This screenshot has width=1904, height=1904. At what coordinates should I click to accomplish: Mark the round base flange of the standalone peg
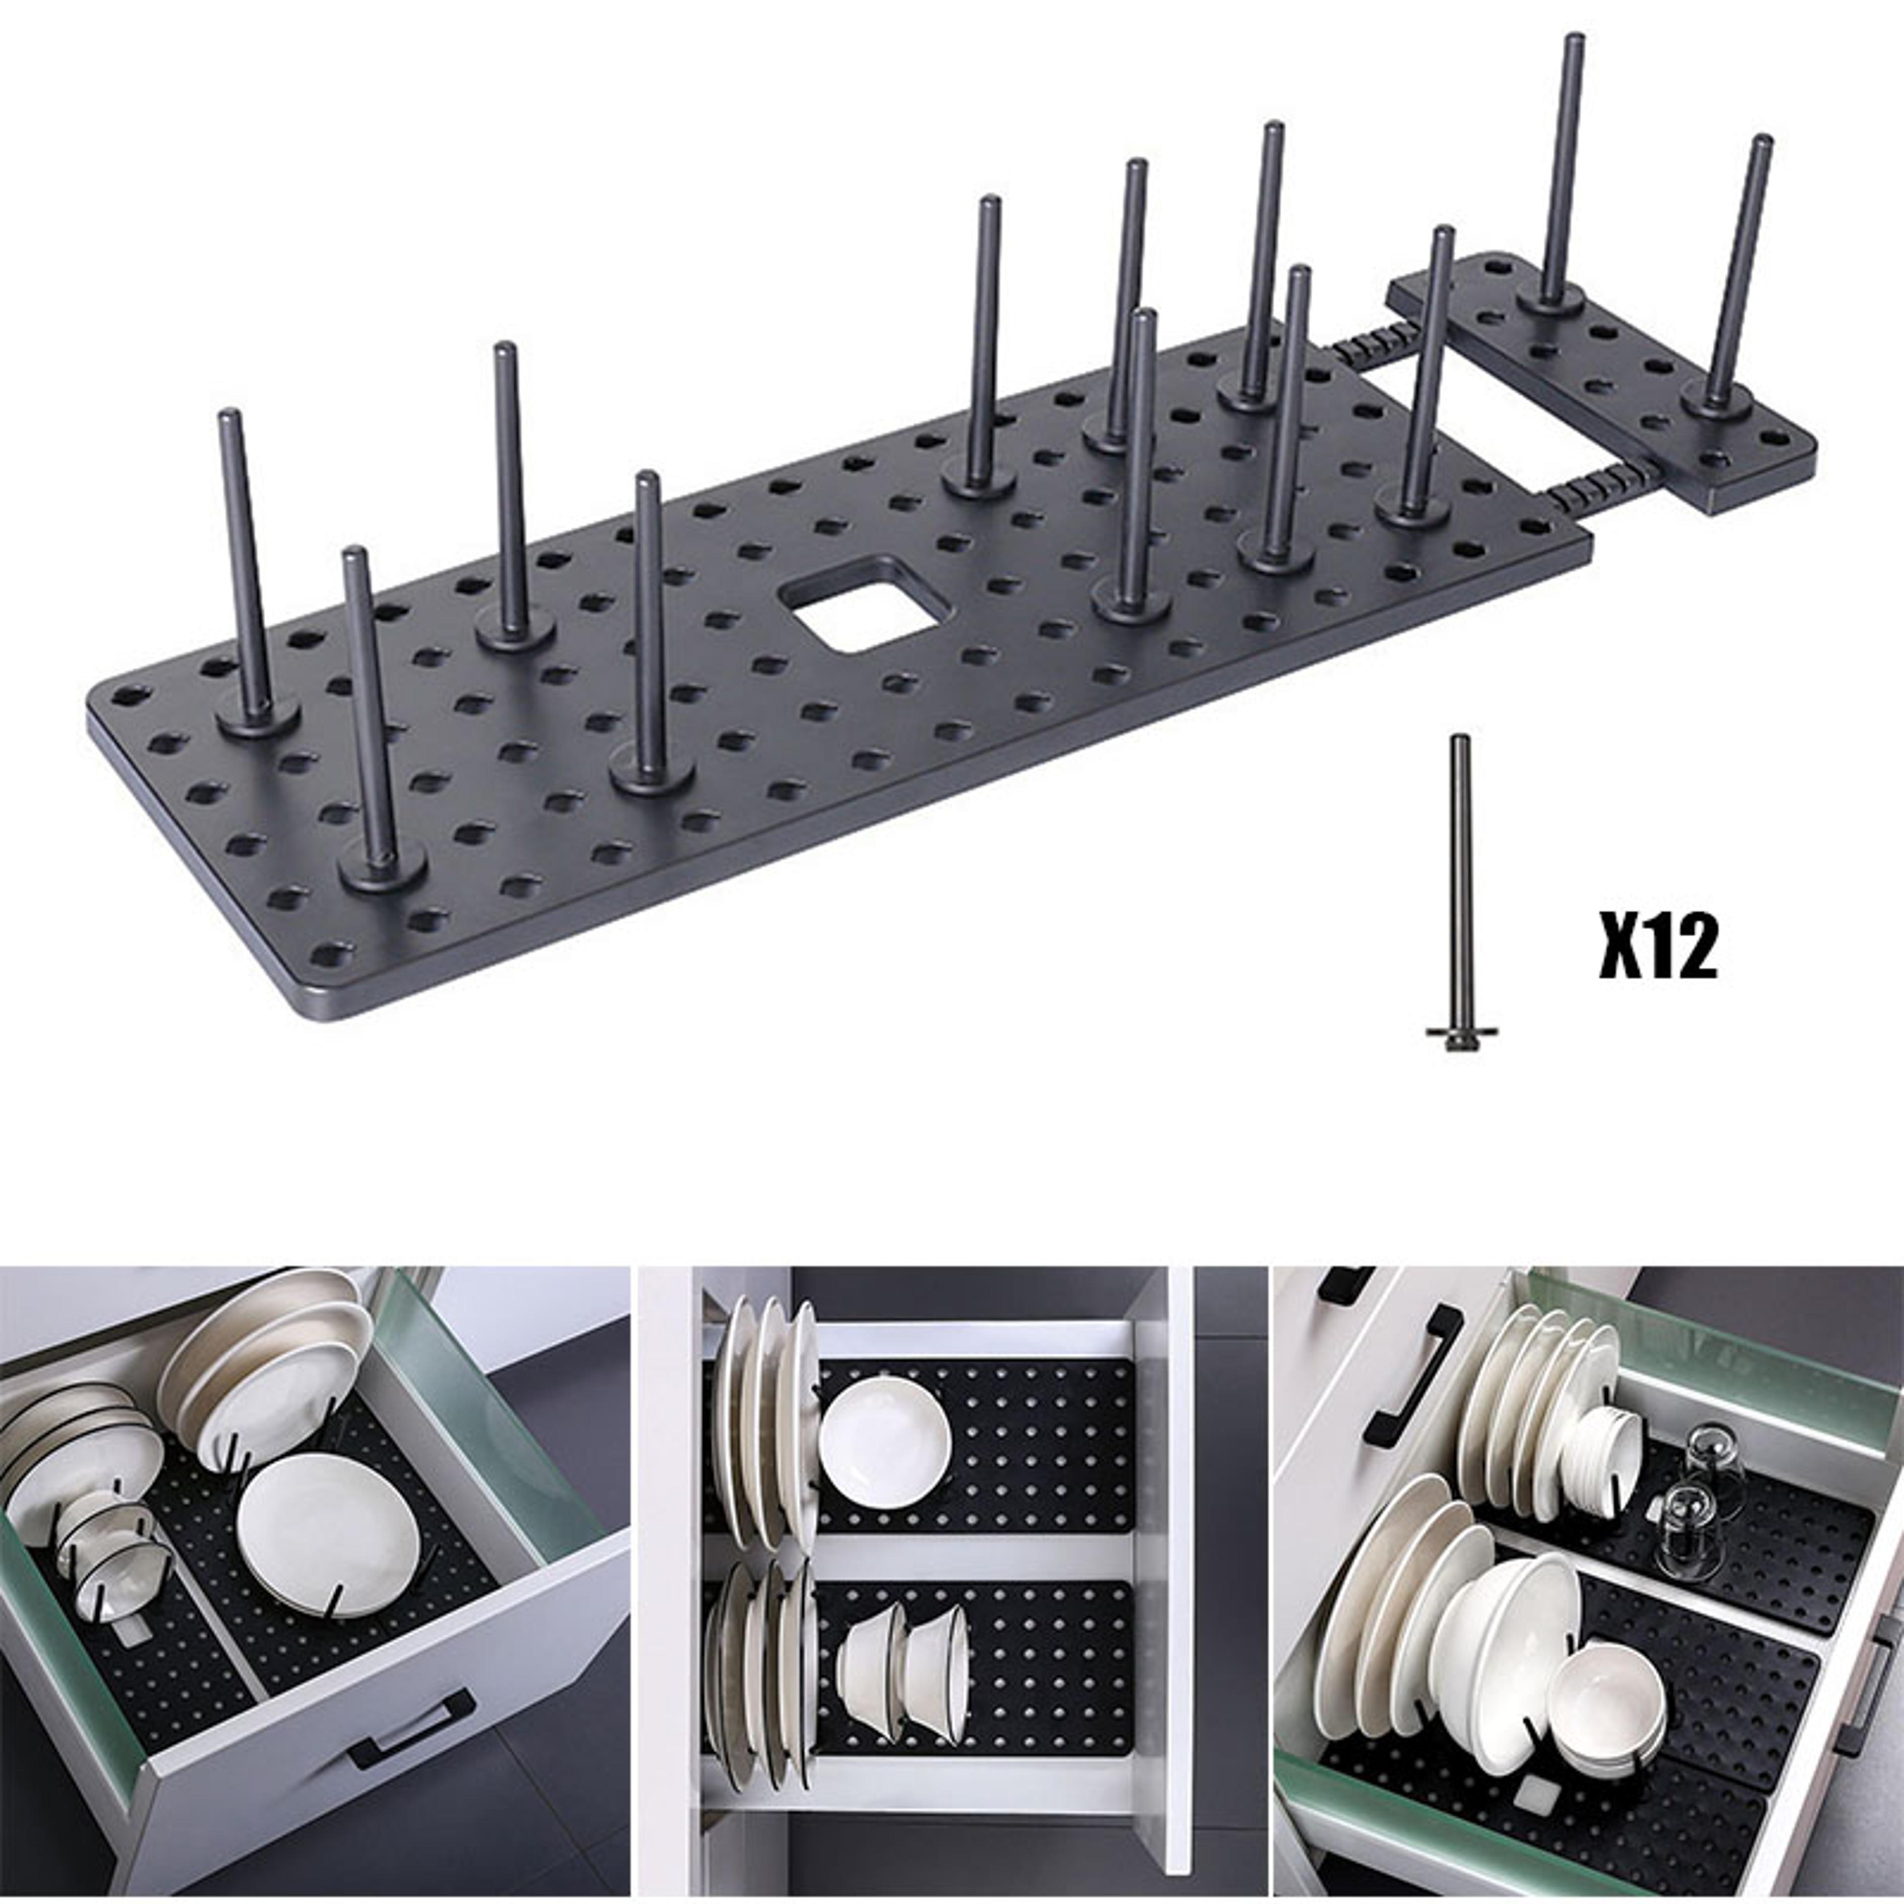pos(1462,1035)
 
